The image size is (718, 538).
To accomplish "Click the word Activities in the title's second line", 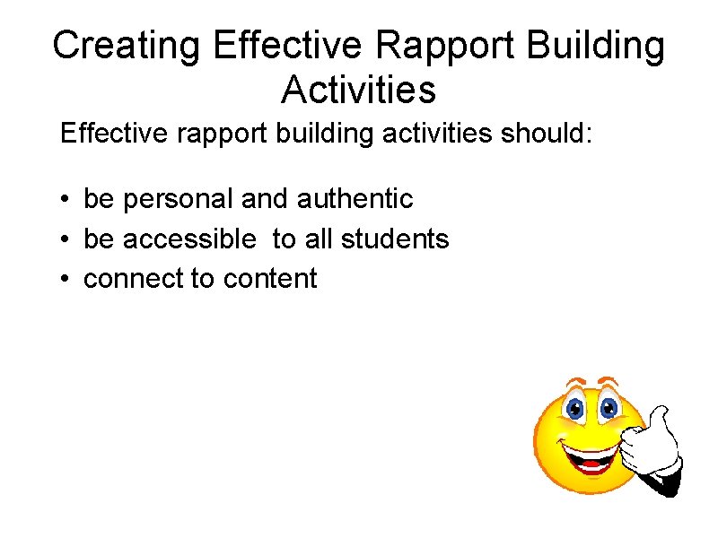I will pyautogui.click(x=358, y=90).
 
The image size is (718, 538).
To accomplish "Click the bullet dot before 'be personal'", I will pyautogui.click(x=66, y=199).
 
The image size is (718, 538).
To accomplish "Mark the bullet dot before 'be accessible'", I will pyautogui.click(x=66, y=239).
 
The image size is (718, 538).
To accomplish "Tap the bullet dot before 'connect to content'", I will pyautogui.click(x=66, y=279).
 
